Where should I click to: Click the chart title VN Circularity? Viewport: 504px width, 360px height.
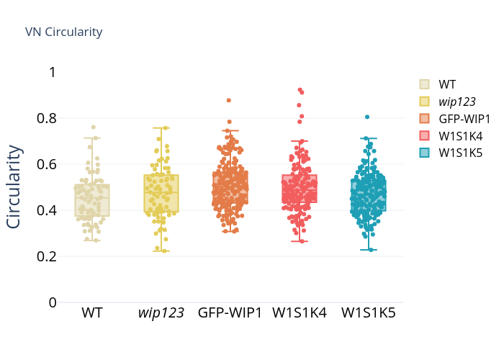[63, 32]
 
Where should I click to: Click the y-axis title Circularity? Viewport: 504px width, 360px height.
[14, 186]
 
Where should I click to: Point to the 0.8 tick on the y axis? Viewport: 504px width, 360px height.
[47, 118]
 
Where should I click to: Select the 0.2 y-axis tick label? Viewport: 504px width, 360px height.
[47, 256]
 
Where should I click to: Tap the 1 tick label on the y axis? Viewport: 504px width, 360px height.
[53, 72]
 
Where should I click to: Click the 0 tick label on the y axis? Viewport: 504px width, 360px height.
[53, 302]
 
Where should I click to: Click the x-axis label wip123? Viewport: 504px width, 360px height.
[161, 312]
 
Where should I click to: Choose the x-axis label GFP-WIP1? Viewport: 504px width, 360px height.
[230, 312]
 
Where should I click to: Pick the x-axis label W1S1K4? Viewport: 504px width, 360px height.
[300, 312]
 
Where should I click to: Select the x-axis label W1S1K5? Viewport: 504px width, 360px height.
[369, 312]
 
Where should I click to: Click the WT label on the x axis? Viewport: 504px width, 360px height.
[92, 312]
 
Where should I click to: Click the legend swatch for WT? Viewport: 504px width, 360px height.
[424, 84]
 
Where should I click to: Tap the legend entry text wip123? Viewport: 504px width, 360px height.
[457, 102]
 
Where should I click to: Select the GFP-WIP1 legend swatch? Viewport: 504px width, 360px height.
[424, 119]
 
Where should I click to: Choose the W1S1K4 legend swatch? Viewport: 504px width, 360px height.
[424, 136]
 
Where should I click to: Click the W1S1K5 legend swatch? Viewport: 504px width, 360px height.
[424, 153]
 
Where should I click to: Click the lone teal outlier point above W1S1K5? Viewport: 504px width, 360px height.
[367, 117]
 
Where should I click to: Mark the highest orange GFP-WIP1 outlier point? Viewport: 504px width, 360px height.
[229, 100]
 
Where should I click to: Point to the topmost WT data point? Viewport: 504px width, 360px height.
[94, 127]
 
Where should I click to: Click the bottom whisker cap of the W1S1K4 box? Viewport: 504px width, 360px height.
[300, 241]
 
